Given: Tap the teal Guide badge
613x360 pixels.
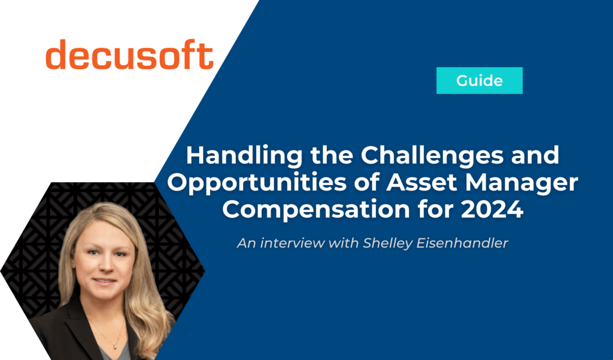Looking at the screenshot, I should coord(480,80).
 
